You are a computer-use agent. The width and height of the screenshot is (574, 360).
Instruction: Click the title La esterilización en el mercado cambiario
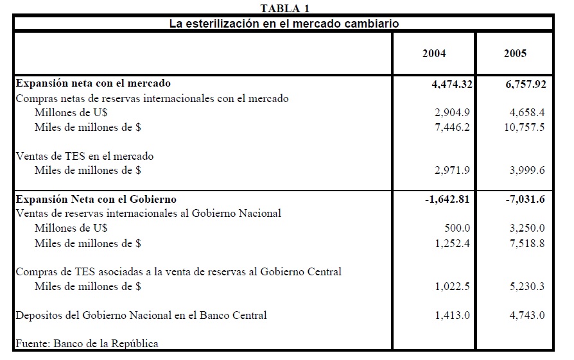(x=284, y=24)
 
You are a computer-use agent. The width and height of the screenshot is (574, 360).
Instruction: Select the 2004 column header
(x=433, y=54)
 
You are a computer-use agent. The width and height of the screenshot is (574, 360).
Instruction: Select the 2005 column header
(x=515, y=54)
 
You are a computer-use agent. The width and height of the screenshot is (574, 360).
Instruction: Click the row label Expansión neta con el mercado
(x=93, y=83)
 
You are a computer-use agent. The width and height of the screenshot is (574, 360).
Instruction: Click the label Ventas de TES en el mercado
(x=85, y=156)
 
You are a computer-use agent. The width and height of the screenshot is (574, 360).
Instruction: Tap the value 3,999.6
(x=525, y=171)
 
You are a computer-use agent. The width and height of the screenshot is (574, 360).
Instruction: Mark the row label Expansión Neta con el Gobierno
(x=96, y=200)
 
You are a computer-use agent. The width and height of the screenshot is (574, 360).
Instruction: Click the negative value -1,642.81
(x=447, y=200)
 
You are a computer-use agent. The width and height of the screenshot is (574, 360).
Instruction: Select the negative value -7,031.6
(x=525, y=200)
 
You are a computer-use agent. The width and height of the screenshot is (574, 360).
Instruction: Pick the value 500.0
(x=457, y=228)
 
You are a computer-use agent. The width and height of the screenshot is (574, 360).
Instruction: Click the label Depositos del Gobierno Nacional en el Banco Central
(x=141, y=316)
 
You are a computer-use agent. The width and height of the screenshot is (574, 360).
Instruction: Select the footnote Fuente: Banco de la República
(x=87, y=343)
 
